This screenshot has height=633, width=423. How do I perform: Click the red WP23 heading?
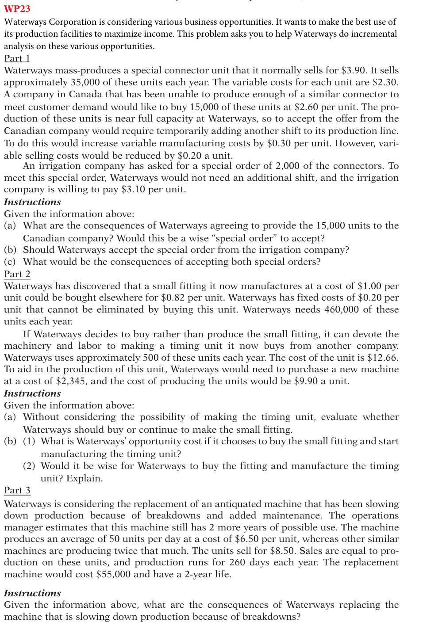pyautogui.click(x=17, y=9)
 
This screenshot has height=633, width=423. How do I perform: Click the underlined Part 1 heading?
pyautogui.click(x=17, y=58)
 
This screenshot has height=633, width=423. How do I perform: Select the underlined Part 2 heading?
pyautogui.click(x=17, y=274)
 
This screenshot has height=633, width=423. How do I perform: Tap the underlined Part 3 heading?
pyautogui.click(x=17, y=490)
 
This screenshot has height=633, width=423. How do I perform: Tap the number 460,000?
pyautogui.click(x=342, y=310)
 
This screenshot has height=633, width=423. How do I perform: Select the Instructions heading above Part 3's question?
pyautogui.click(x=33, y=593)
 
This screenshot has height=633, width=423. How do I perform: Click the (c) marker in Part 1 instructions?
pyautogui.click(x=10, y=262)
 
